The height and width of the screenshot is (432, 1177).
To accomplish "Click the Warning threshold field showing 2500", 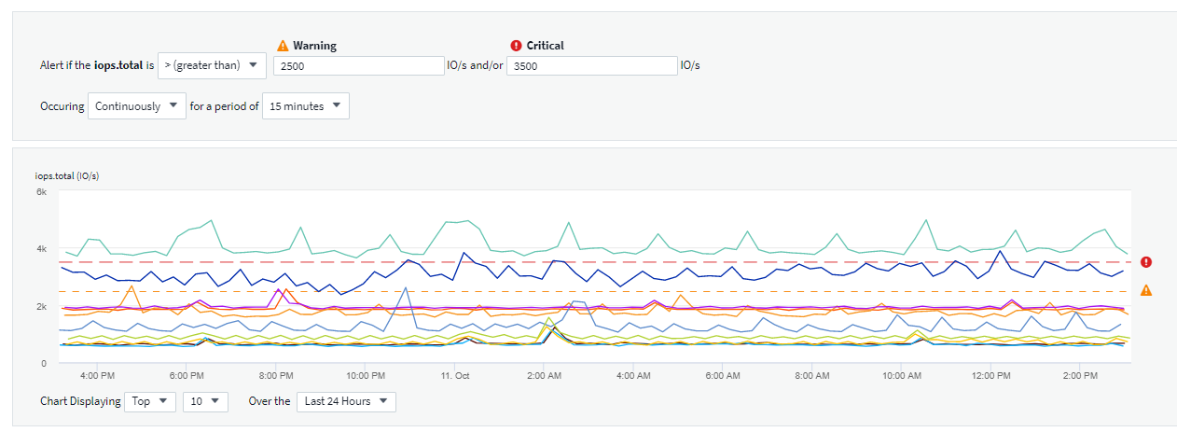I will pos(360,66).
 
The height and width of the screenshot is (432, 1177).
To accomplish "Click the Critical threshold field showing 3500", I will pos(591,66).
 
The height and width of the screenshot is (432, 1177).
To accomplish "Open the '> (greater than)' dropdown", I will pos(213,65).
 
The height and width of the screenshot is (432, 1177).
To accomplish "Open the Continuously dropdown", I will pos(138,106).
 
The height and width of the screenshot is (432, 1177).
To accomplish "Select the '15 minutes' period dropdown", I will pos(306,106).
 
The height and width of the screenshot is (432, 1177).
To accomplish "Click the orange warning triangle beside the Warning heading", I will pos(284,46).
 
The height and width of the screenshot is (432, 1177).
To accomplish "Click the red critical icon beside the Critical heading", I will pos(516,46).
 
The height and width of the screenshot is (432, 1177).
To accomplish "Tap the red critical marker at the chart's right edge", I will pos(1146,262).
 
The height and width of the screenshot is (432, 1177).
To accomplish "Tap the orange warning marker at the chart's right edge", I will pos(1146,291).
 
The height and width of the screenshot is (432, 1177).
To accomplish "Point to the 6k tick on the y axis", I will pos(41,191).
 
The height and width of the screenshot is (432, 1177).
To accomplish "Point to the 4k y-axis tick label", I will pos(41,249).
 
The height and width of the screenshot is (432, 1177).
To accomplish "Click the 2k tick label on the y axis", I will pos(41,306).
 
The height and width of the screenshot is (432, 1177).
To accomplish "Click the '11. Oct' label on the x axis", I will pos(454,376).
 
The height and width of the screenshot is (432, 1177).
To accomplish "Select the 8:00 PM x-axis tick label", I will pos(276,376).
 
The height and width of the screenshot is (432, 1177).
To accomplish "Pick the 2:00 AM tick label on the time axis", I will pos(544,376).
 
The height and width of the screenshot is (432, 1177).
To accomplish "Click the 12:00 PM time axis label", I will pos(990,376).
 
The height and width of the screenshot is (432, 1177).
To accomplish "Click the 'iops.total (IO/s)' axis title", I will pos(67,176).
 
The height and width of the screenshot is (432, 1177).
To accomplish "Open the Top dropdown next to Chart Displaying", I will pos(150,401).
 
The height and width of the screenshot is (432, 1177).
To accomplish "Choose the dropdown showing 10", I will pos(205,401).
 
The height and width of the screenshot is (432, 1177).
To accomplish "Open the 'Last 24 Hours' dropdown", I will pos(346,401).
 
